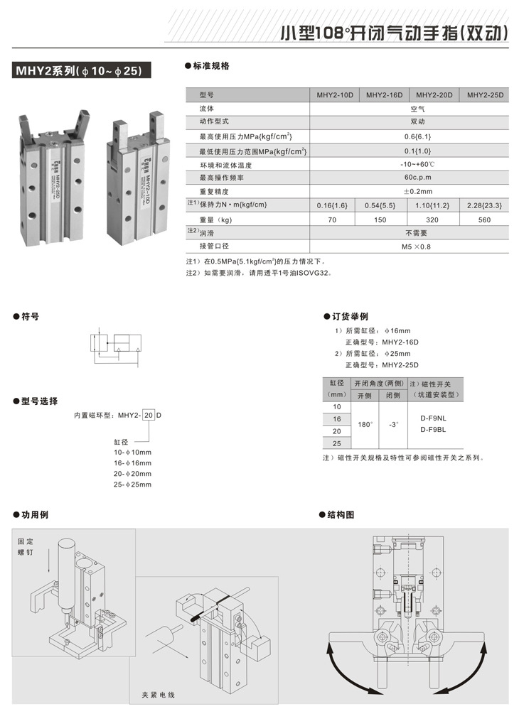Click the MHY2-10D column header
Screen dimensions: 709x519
tap(335, 95)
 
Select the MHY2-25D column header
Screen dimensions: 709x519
tap(484, 95)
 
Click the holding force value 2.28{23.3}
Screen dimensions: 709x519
tap(484, 205)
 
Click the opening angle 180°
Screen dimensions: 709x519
tap(365, 424)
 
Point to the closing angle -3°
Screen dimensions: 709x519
tap(394, 424)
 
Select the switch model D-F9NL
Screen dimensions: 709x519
tap(433, 418)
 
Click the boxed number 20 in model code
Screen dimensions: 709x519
tap(148, 414)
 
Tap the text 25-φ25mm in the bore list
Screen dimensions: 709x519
tap(132, 484)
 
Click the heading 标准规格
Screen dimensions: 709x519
tap(211, 65)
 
